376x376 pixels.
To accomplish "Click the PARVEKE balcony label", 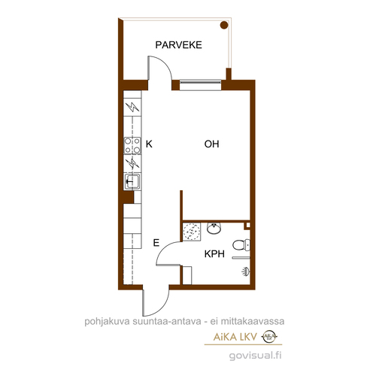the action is pyautogui.click(x=178, y=45).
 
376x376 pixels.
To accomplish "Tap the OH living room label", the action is pyautogui.click(x=211, y=144).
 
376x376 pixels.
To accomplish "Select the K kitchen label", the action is pyautogui.click(x=149, y=144).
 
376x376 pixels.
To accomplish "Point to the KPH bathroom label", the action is pyautogui.click(x=214, y=254).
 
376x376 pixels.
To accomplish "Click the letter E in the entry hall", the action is pyautogui.click(x=156, y=243).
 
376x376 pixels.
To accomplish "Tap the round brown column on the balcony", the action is pyautogui.click(x=224, y=25).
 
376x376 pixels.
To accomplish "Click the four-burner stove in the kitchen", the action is pyautogui.click(x=132, y=146).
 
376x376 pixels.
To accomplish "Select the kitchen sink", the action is pyautogui.click(x=132, y=181).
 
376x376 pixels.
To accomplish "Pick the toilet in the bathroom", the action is pyautogui.click(x=241, y=245).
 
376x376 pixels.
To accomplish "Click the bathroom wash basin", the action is pyautogui.click(x=214, y=228).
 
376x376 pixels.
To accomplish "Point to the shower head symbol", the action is pyautogui.click(x=246, y=271).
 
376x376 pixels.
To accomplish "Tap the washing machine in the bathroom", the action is pyautogui.click(x=192, y=232).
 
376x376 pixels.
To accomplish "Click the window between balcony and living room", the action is pyautogui.click(x=201, y=85).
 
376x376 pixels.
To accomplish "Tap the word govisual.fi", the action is pyautogui.click(x=255, y=356).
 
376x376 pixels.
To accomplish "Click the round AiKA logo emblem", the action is pyautogui.click(x=269, y=336).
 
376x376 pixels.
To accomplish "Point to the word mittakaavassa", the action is pyautogui.click(x=252, y=321).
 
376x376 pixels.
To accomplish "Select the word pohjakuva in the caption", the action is pyautogui.click(x=108, y=322).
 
